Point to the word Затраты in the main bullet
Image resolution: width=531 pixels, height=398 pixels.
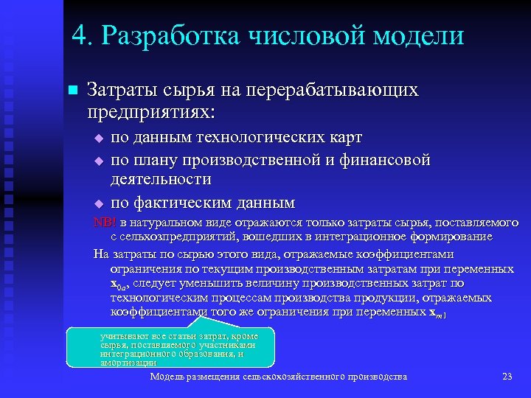[119, 90]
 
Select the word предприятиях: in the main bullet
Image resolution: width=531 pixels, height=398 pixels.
[151, 113]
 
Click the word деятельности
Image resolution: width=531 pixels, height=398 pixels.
[161, 180]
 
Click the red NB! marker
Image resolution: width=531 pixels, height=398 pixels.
[105, 223]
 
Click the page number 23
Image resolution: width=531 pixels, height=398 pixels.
[507, 377]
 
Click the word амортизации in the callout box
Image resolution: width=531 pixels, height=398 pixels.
[128, 363]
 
